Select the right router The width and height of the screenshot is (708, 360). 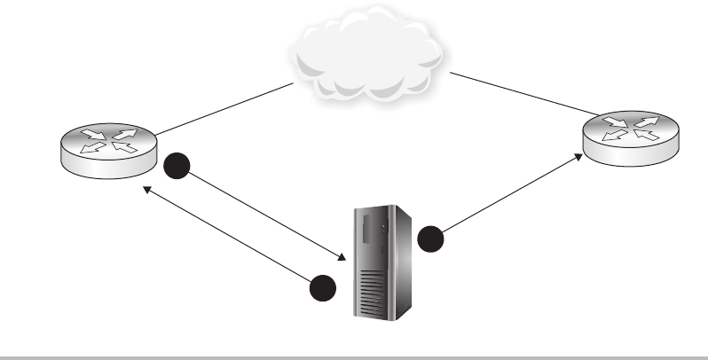pyautogui.click(x=629, y=137)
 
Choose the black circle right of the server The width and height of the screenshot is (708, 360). pyautogui.click(x=430, y=239)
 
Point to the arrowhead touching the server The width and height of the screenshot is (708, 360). pyautogui.click(x=340, y=258)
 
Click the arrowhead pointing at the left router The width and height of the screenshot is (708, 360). pyautogui.click(x=149, y=188)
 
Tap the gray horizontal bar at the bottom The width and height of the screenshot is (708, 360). pyautogui.click(x=354, y=356)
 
